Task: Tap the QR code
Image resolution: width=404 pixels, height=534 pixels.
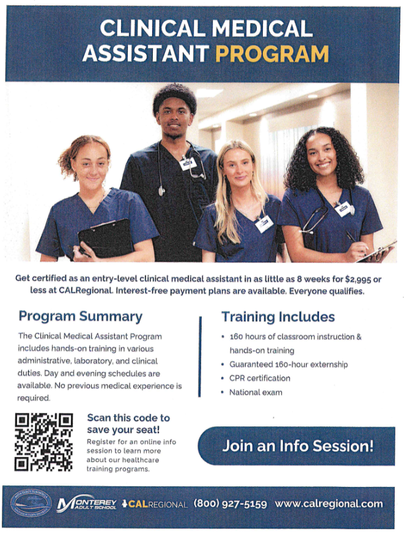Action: (x=43, y=442)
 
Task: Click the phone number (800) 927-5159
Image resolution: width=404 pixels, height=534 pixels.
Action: (x=230, y=504)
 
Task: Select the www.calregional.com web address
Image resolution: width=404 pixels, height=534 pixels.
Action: (x=329, y=504)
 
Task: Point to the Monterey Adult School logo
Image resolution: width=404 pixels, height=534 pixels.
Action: (x=87, y=504)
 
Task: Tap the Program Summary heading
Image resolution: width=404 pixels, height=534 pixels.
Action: (x=80, y=316)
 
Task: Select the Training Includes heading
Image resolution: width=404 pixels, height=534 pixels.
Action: (x=277, y=316)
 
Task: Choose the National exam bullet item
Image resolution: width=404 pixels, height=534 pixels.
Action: (x=255, y=392)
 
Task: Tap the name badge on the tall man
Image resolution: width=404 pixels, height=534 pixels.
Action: (x=188, y=163)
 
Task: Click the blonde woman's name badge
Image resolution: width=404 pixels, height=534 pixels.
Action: (x=264, y=224)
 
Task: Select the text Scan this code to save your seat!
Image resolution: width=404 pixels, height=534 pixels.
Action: (x=128, y=423)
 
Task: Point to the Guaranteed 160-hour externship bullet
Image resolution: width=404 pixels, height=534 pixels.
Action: (x=288, y=365)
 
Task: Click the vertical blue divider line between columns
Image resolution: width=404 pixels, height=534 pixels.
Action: (x=200, y=356)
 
